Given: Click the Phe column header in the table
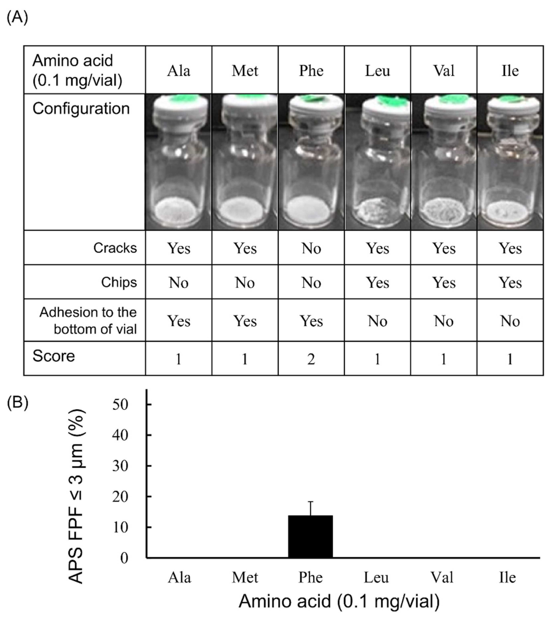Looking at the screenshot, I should tap(311, 71).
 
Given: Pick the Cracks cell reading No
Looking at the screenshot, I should tap(311, 248).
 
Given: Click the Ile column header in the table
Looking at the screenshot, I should tap(510, 71).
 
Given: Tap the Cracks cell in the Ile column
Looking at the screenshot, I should tap(510, 248).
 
